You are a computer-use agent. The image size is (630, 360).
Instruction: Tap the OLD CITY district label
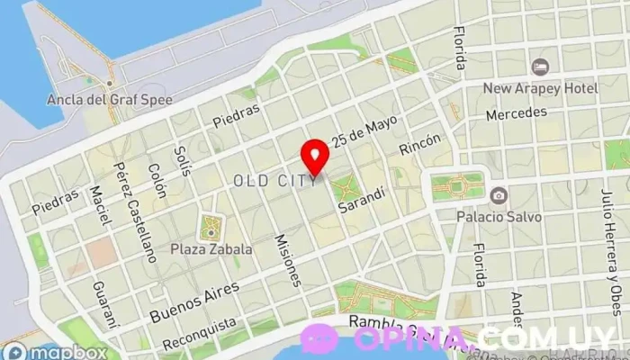click(x=274, y=181)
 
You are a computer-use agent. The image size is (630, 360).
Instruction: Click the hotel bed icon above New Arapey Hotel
click(x=539, y=67)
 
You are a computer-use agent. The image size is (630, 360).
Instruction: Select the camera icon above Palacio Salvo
click(x=498, y=195)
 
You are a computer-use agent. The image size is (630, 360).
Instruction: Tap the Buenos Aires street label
click(x=195, y=301)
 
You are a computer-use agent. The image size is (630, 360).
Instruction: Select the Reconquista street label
click(x=199, y=334)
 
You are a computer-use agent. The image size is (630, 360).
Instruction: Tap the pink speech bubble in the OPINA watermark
click(x=319, y=338)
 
